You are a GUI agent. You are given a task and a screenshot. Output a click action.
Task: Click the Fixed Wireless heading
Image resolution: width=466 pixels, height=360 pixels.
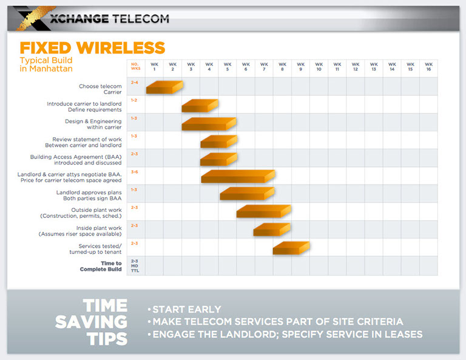click(x=92, y=48)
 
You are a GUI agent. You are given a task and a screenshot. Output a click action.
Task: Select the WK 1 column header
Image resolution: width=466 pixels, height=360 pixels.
click(x=155, y=67)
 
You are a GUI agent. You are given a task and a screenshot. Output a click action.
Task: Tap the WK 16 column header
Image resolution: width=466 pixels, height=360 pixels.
click(x=428, y=67)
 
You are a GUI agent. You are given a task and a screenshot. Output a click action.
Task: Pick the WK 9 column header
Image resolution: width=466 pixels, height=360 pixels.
click(x=300, y=67)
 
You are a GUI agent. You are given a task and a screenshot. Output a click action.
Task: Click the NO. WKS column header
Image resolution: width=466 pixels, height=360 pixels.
click(x=136, y=67)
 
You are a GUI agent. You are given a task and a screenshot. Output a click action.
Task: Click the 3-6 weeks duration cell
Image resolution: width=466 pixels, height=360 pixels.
click(x=135, y=172)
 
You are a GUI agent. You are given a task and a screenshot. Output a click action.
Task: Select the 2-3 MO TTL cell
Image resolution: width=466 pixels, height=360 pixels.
click(x=135, y=265)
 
